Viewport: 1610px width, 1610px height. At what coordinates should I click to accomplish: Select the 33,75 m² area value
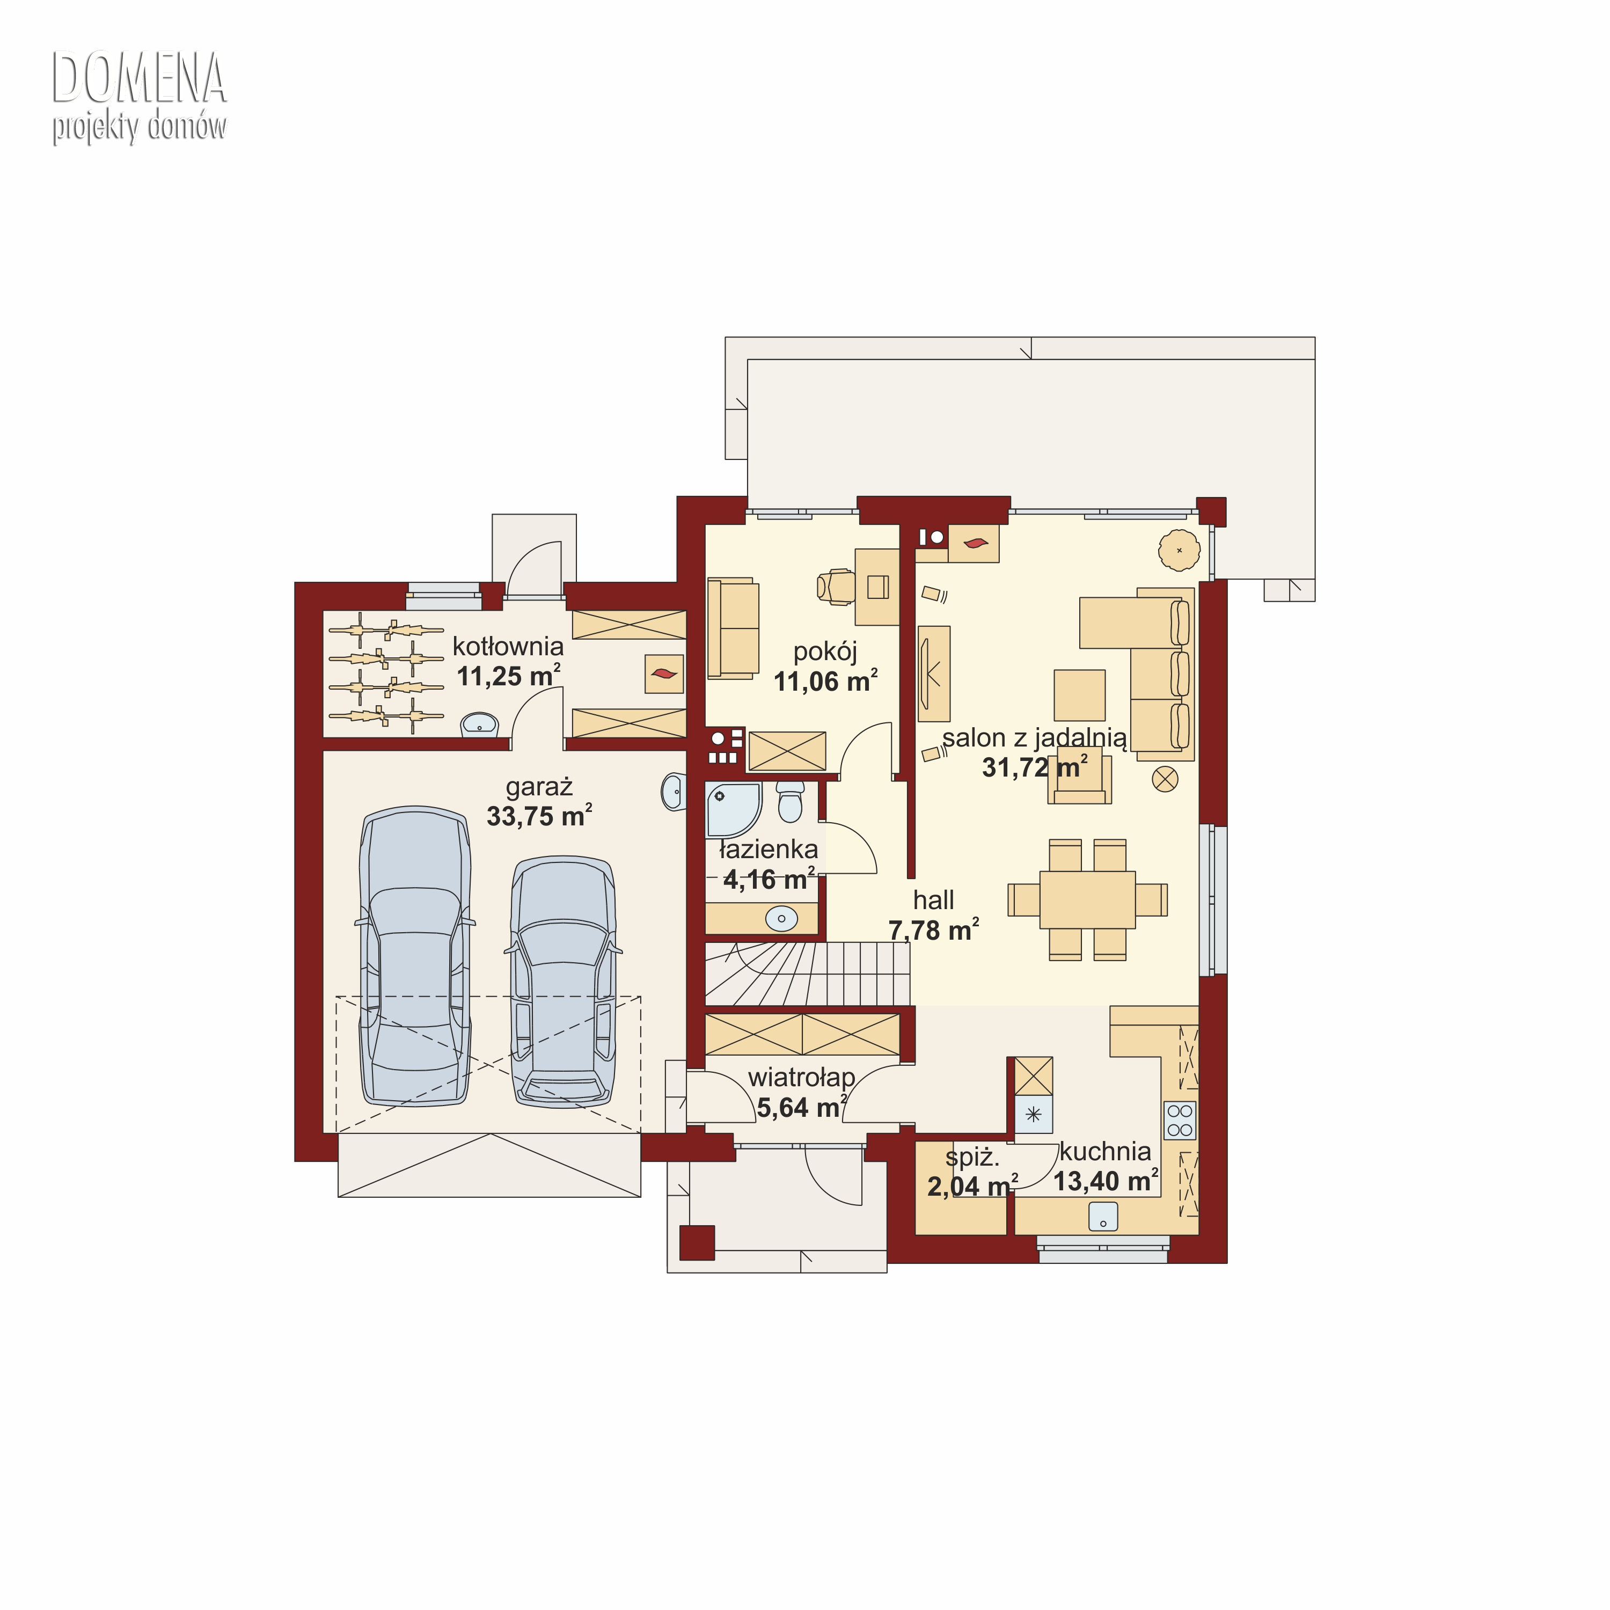(x=539, y=815)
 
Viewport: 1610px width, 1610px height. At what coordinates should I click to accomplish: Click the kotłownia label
(x=508, y=646)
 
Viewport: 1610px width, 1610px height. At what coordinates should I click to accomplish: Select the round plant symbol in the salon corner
(x=1179, y=550)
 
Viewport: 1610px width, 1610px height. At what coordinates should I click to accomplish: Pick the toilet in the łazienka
(x=790, y=801)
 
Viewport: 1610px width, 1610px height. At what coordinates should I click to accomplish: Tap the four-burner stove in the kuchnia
(x=1180, y=1120)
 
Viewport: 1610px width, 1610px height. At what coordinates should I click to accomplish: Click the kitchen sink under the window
(x=1103, y=1218)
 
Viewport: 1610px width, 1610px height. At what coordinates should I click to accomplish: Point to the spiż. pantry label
(x=972, y=1158)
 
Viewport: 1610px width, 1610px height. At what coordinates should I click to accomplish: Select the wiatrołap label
(x=802, y=1078)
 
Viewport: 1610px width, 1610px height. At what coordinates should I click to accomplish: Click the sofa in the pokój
(x=733, y=628)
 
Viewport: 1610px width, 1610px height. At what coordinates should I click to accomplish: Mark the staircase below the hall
(x=808, y=974)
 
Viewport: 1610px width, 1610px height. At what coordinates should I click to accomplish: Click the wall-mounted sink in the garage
(x=674, y=791)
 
